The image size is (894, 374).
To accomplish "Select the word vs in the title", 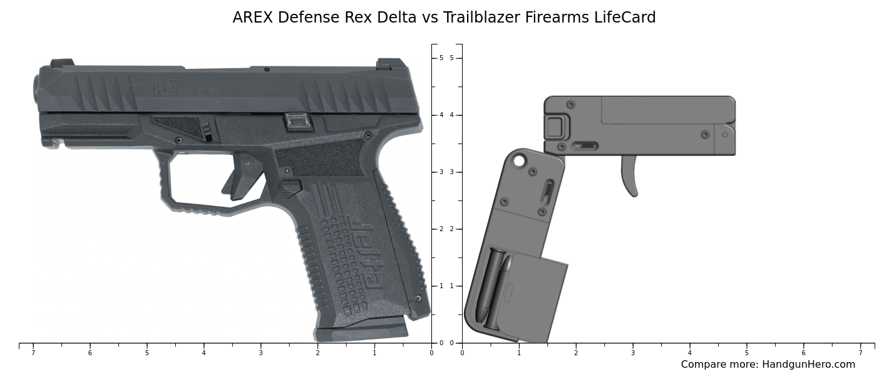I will pyautogui.click(x=429, y=18).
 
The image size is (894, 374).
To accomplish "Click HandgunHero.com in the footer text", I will pyautogui.click(x=808, y=365).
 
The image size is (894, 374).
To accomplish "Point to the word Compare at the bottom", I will pyautogui.click(x=703, y=365).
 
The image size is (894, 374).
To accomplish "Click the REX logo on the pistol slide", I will pyautogui.click(x=168, y=88).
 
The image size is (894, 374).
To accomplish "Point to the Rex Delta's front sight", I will pyautogui.click(x=62, y=63).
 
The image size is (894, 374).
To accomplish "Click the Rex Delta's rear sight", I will pyautogui.click(x=391, y=63).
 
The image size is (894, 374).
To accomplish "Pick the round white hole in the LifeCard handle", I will pyautogui.click(x=519, y=161).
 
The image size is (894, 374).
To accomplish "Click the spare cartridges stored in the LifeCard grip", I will pyautogui.click(x=495, y=285).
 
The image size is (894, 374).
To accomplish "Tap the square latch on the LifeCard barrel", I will pyautogui.click(x=555, y=127).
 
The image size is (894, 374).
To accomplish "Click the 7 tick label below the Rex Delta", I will pyautogui.click(x=33, y=353).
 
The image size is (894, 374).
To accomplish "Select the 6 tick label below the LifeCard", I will pyautogui.click(x=803, y=353).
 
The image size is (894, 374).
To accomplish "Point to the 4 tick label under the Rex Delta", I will pyautogui.click(x=203, y=353).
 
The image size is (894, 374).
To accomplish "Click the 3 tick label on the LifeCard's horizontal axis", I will pyautogui.click(x=632, y=353).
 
